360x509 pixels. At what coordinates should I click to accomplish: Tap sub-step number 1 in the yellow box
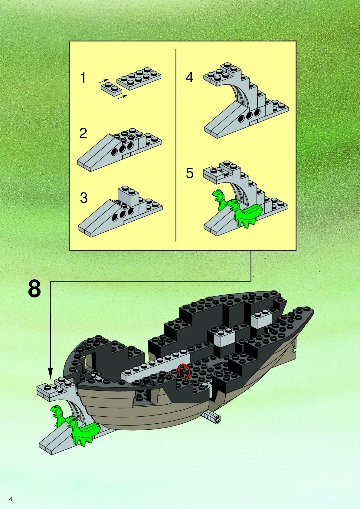(83, 78)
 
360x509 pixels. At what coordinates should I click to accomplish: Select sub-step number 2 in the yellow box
(83, 133)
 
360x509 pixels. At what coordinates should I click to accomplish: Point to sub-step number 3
(83, 198)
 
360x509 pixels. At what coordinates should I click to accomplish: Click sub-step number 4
(189, 77)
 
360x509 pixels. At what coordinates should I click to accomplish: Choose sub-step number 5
(189, 173)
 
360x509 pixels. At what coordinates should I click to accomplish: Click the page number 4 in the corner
(11, 499)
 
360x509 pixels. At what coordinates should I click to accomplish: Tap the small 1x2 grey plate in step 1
(111, 90)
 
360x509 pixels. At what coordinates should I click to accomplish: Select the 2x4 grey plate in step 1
(139, 78)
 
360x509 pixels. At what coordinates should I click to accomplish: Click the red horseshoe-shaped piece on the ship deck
(184, 372)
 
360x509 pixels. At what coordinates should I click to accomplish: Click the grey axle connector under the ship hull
(212, 417)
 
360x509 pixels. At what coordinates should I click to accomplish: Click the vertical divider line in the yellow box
(176, 145)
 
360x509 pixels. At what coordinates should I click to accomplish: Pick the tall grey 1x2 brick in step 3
(128, 195)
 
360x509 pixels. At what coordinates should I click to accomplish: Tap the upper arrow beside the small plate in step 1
(104, 81)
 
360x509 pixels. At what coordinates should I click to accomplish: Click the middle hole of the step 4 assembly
(249, 116)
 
